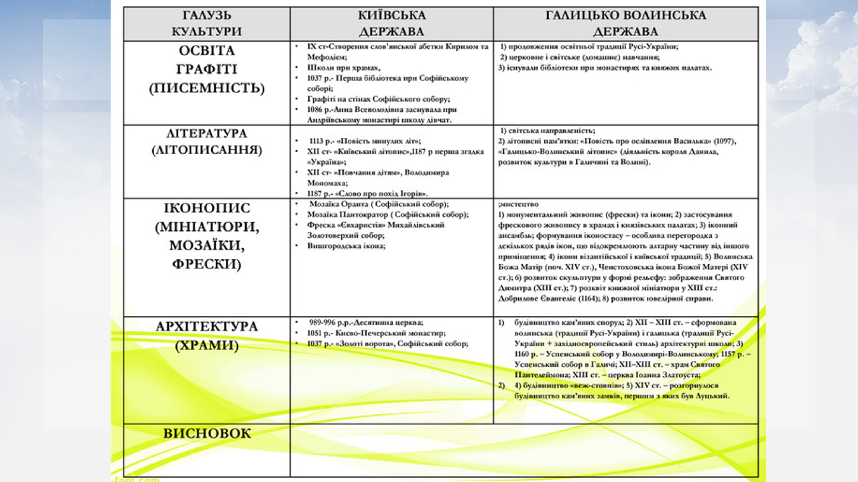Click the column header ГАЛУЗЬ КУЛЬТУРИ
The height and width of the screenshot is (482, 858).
[206, 23]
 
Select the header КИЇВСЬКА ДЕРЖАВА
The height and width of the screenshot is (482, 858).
[391, 23]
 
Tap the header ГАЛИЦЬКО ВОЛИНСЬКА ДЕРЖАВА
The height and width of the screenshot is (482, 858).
[625, 23]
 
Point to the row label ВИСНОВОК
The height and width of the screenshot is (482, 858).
[206, 434]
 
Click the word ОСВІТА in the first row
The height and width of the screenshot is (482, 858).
[206, 52]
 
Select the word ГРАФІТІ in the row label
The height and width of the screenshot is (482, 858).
[206, 70]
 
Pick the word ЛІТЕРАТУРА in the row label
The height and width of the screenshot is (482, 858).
[206, 133]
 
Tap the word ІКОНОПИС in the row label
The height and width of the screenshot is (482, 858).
[206, 208]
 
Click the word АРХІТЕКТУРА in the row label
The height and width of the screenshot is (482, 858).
[206, 327]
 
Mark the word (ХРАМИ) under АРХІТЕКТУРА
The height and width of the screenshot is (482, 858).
[206, 345]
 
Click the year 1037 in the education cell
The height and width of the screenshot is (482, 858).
[315, 78]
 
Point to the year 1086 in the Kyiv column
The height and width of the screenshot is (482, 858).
[315, 109]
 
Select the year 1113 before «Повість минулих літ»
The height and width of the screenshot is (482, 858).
[319, 141]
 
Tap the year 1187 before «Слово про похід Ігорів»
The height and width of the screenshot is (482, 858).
[315, 193]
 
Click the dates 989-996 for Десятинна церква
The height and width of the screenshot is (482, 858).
[326, 322]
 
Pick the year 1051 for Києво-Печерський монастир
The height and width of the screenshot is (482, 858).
[315, 333]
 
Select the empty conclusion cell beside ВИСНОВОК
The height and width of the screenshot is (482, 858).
[524, 450]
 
